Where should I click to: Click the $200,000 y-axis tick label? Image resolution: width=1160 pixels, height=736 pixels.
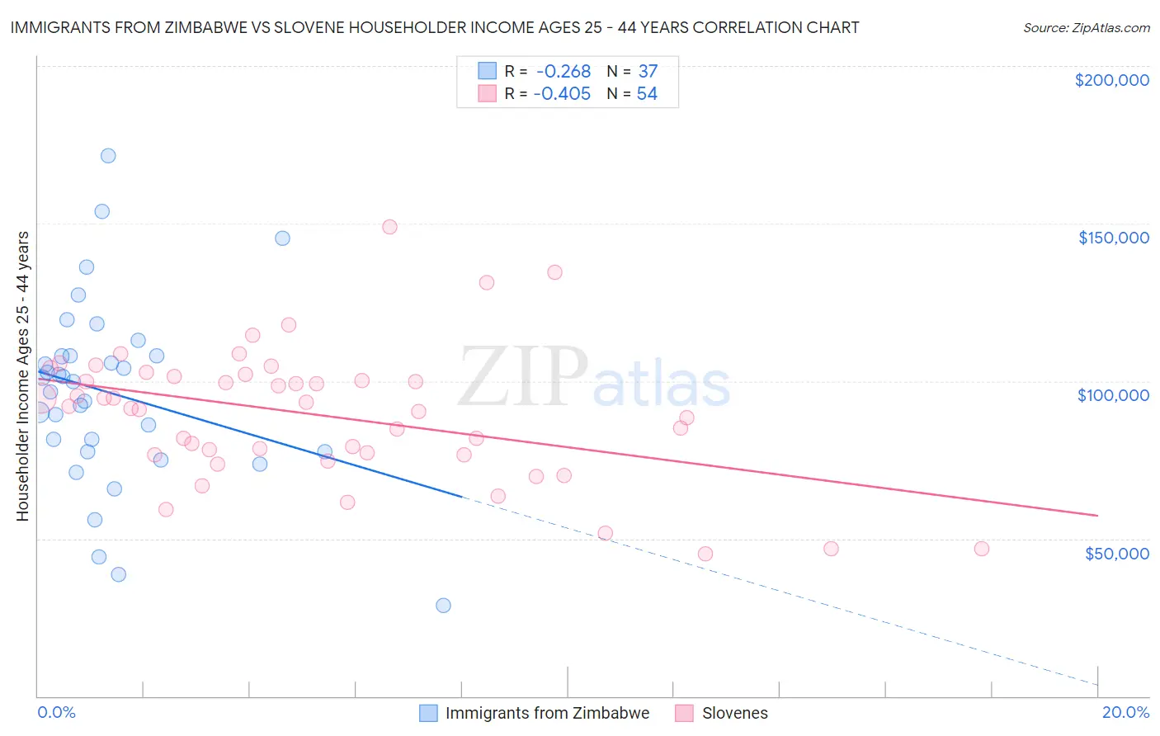tap(1111, 80)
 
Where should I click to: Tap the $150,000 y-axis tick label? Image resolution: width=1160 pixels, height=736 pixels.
tap(1113, 238)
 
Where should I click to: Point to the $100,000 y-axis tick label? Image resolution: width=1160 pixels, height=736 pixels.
tap(1113, 395)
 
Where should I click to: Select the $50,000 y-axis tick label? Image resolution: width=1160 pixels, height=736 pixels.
tap(1116, 554)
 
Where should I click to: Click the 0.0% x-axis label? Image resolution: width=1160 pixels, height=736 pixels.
tap(56, 712)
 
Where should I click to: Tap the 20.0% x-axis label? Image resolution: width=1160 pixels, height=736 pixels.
tap(1125, 712)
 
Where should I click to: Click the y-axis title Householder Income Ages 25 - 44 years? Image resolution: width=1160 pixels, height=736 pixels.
tap(22, 376)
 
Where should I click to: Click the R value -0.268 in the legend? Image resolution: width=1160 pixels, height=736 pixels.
tap(563, 72)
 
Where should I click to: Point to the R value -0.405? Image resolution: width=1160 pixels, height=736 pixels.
tap(562, 94)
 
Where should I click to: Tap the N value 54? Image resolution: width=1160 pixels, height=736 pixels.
tap(647, 94)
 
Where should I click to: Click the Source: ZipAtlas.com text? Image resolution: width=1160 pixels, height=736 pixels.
tap(1086, 28)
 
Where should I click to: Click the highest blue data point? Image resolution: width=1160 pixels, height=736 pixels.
tap(108, 156)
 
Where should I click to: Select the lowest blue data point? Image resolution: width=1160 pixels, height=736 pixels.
tap(443, 606)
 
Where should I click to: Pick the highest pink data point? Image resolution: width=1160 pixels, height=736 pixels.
tap(389, 227)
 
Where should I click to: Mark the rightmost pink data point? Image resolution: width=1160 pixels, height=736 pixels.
tap(981, 549)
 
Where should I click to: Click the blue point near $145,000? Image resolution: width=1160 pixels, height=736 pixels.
tap(282, 238)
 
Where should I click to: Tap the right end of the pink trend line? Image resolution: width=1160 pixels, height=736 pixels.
tap(1097, 516)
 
